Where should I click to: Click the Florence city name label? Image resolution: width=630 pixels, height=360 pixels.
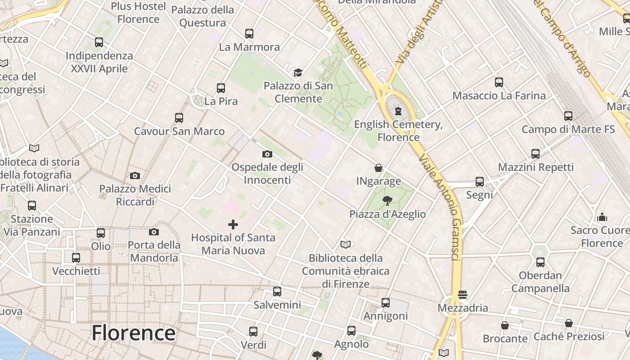133,333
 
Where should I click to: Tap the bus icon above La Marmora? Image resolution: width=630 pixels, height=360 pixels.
249,33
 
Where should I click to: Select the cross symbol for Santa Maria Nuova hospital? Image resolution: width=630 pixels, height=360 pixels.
233,224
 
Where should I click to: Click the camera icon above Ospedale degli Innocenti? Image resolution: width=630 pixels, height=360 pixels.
267,154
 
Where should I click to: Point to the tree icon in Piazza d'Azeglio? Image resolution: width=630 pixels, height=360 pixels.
387,200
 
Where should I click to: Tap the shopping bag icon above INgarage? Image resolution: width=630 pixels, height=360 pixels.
378,168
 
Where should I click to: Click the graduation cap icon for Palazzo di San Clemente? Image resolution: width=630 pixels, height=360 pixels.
298,72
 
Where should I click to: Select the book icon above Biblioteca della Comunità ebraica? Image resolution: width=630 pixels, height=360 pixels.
346,244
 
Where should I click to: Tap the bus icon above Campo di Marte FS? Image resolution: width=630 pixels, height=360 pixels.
568,116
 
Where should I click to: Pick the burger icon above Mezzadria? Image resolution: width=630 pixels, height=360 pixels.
463,295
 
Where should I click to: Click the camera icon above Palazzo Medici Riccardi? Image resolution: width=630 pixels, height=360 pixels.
135,175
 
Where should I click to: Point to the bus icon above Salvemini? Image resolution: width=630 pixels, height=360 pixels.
277,291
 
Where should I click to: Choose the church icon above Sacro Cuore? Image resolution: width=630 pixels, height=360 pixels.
602,217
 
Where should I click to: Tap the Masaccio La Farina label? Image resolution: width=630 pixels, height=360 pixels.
499,95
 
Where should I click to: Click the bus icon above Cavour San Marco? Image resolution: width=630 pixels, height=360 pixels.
179,118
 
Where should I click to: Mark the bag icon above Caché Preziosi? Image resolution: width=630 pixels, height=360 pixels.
569,323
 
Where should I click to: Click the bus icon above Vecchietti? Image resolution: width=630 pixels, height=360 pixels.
76,258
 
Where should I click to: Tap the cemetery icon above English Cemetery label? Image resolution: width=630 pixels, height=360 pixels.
398,111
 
